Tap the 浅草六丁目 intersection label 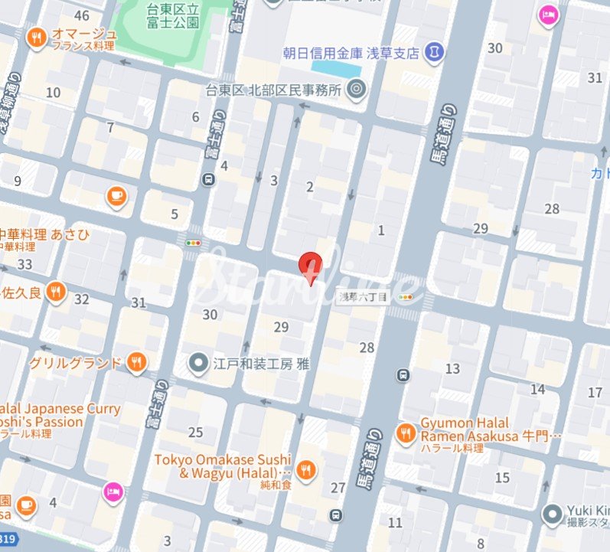click(364, 296)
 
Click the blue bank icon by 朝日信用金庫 click(435, 53)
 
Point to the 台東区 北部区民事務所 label click(273, 90)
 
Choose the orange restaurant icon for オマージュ click(35, 36)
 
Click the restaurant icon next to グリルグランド click(136, 362)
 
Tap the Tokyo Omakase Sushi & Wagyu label click(223, 465)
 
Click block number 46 click(82, 16)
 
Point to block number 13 click(453, 369)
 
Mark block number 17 click(595, 393)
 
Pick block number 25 click(196, 433)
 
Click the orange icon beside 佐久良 click(55, 291)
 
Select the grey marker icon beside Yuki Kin click(550, 514)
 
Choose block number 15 click(502, 478)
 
